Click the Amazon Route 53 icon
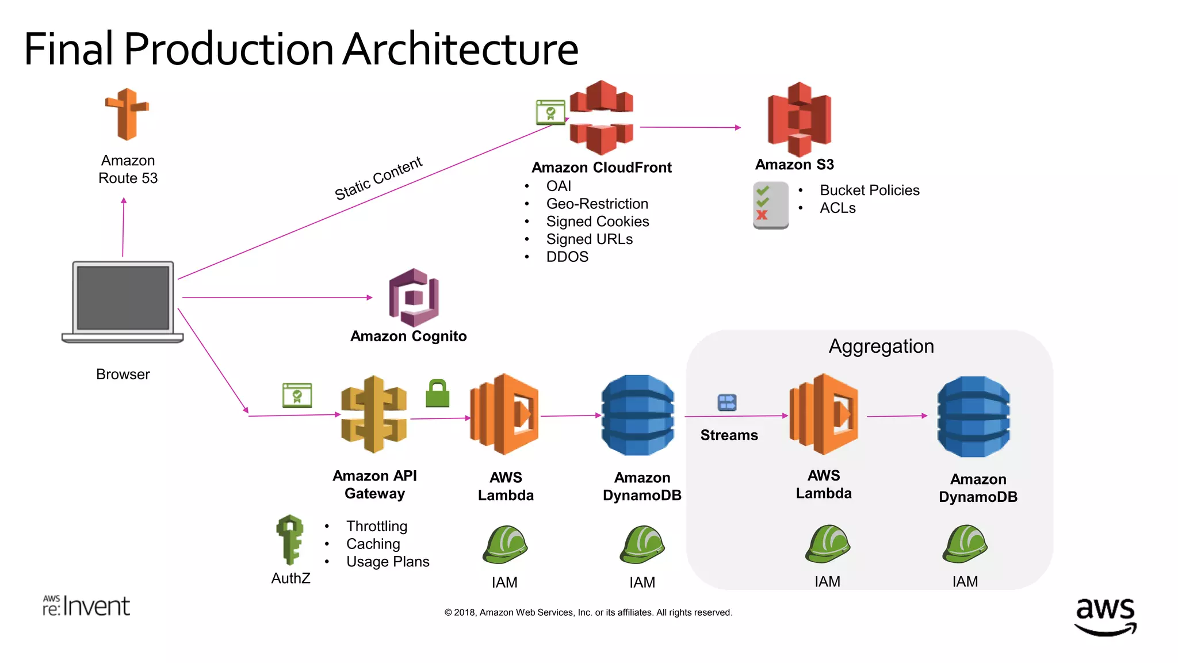tap(127, 115)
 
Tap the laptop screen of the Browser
tap(123, 298)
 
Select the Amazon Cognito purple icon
tap(414, 297)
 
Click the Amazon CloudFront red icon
tap(601, 118)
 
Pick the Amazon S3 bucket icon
tap(799, 119)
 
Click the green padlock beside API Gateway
tap(437, 394)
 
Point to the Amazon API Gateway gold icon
tap(374, 414)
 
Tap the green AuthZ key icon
tap(290, 539)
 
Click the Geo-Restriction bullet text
tap(596, 204)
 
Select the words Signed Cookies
tap(597, 222)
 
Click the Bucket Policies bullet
tap(869, 190)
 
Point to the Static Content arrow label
tap(378, 178)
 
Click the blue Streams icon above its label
tap(727, 402)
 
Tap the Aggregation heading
tap(881, 346)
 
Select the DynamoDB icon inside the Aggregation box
tap(973, 417)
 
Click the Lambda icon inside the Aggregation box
tap(824, 414)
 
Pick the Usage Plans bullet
tap(387, 562)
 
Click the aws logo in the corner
tap(1105, 616)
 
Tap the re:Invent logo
tap(86, 606)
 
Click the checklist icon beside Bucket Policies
tap(770, 205)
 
